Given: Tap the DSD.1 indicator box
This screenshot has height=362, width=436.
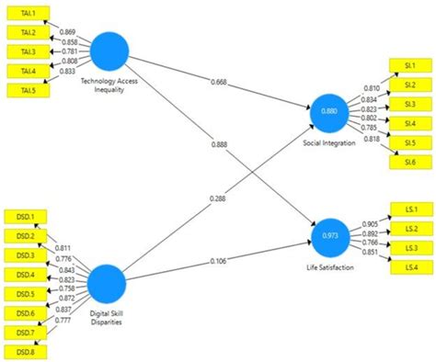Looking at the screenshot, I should click(x=25, y=218).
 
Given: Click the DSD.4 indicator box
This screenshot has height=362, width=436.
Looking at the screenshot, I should click(x=25, y=274).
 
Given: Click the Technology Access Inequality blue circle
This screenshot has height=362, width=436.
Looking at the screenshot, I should click(x=109, y=50).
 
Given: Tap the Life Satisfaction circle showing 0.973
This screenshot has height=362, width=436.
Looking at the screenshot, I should click(x=329, y=235).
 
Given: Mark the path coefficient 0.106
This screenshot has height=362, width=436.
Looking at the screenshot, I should click(x=217, y=260).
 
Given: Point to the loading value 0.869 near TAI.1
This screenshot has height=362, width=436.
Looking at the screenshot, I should click(x=68, y=32).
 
